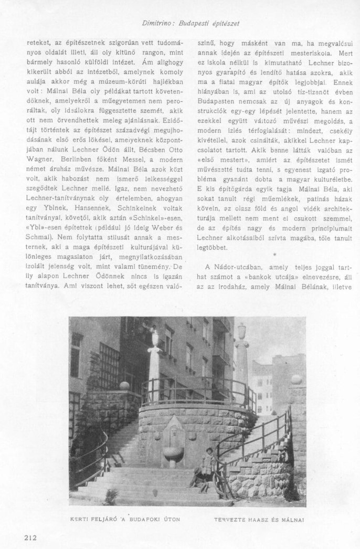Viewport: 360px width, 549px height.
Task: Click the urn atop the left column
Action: coord(154,335)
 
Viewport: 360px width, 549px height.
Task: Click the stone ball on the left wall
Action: coord(124,386)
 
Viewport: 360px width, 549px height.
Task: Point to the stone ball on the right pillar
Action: coord(297,379)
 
